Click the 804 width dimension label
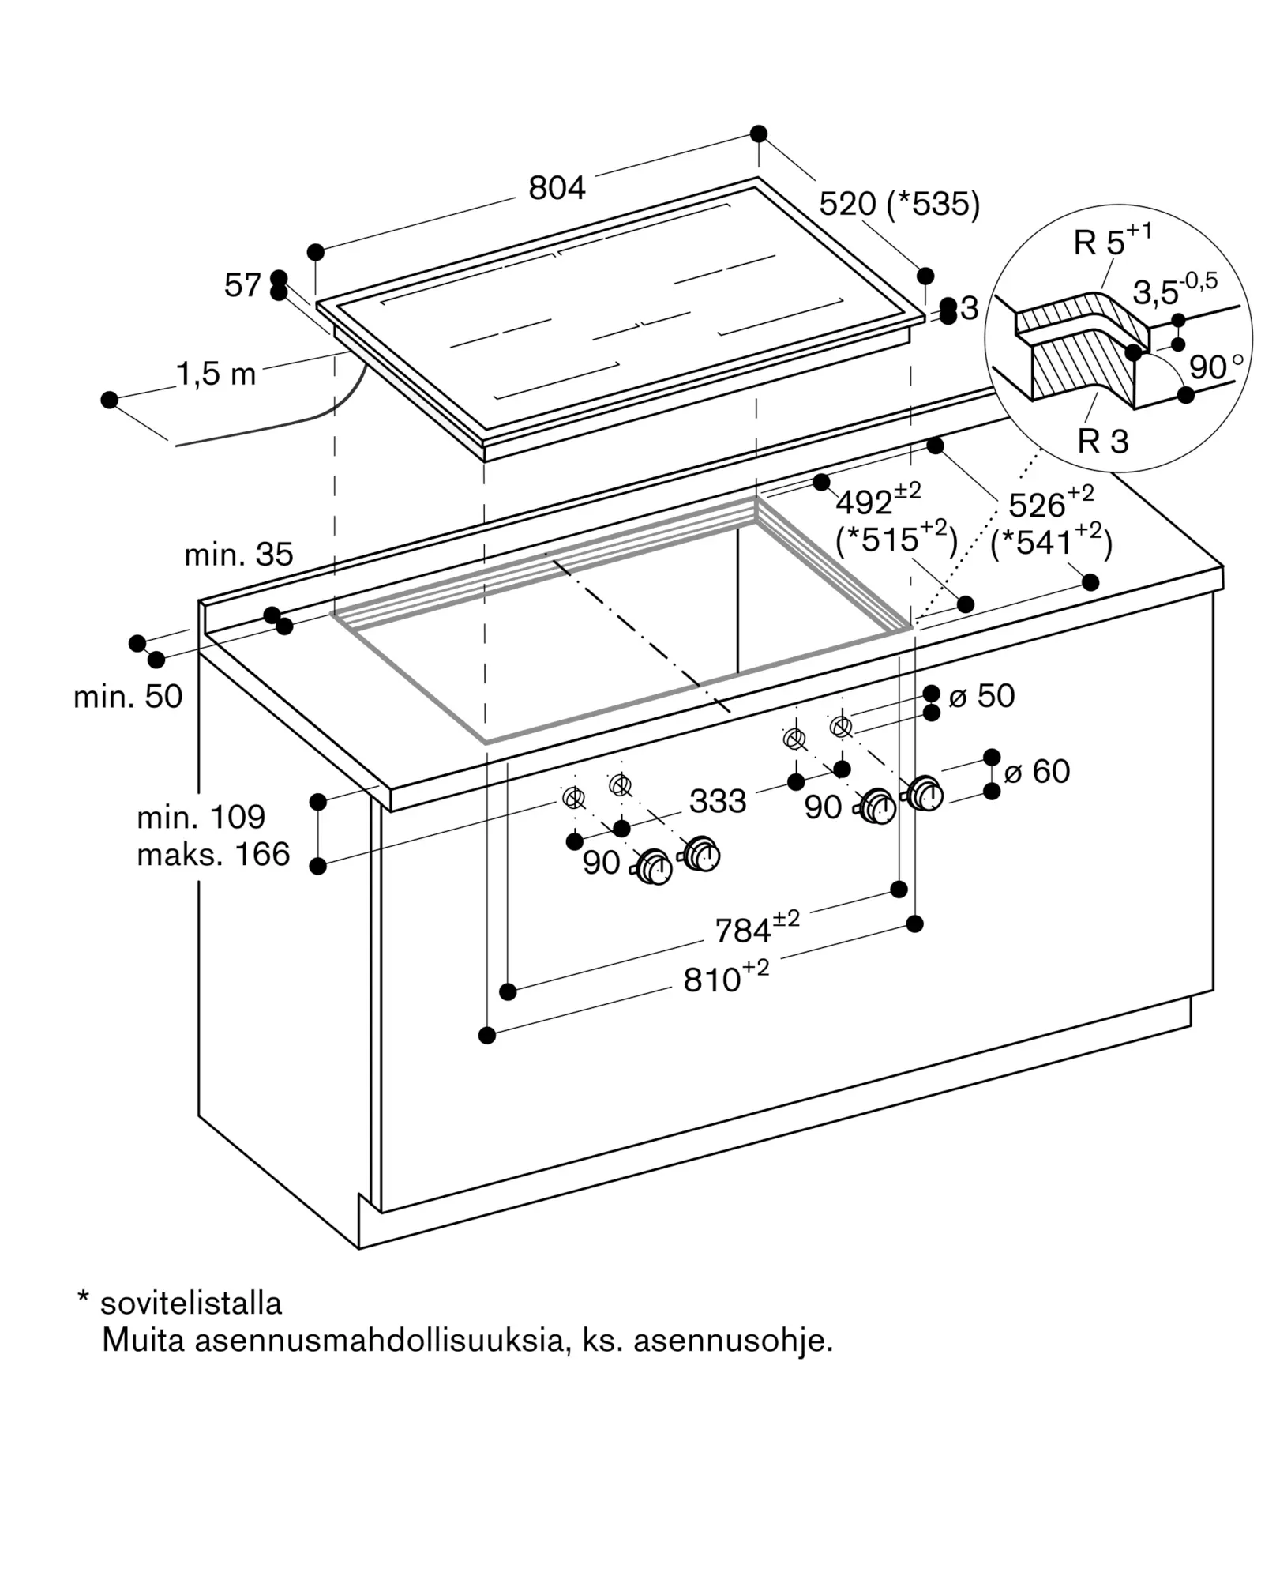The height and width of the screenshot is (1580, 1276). click(557, 188)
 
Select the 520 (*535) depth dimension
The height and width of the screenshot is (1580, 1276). click(899, 204)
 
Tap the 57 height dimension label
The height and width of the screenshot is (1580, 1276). click(242, 285)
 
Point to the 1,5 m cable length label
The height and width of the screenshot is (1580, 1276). click(216, 374)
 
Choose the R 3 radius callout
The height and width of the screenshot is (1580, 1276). click(1103, 442)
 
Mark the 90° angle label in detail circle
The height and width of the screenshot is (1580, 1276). click(1215, 367)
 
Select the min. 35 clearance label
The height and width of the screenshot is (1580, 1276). click(238, 555)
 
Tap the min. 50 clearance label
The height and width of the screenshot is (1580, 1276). click(128, 697)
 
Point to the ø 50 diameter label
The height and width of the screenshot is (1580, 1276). click(981, 696)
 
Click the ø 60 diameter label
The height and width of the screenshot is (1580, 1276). click(1037, 771)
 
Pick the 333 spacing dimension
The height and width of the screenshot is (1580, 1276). click(718, 801)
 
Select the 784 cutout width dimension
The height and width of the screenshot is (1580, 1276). click(757, 927)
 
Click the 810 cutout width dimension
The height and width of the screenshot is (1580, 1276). click(726, 976)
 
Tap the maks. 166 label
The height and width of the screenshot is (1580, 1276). click(213, 854)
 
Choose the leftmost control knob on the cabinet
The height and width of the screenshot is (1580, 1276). click(654, 867)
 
